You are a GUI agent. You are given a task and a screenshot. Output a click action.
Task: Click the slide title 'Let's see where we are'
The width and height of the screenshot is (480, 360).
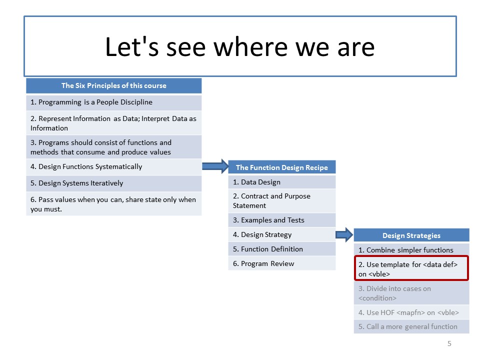point(240,46)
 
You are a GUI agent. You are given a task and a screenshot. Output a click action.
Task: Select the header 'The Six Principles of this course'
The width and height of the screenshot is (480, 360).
point(114,85)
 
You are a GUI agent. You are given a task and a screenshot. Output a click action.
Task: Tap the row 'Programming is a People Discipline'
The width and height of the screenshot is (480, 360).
point(114,102)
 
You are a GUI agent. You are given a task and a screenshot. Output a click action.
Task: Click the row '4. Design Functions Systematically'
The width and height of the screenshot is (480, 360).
point(114,167)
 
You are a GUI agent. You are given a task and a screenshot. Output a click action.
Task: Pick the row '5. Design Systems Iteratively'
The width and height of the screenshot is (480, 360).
point(114,183)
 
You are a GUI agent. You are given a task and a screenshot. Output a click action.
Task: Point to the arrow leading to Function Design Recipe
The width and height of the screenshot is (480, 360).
point(215,166)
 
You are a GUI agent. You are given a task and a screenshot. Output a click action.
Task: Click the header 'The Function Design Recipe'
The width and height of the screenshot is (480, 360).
point(282,167)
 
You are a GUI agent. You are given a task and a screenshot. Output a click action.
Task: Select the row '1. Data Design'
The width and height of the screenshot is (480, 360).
point(282,182)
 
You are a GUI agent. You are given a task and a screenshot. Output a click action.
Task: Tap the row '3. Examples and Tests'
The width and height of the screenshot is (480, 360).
point(282,220)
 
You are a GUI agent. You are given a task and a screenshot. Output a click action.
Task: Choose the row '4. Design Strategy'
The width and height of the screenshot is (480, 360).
point(282,235)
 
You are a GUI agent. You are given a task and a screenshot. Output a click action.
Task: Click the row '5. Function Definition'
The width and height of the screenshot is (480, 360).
point(282,249)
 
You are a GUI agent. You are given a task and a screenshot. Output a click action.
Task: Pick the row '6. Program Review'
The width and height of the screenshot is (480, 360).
point(282,263)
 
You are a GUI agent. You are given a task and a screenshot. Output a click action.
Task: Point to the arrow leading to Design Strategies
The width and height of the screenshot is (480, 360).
point(344,235)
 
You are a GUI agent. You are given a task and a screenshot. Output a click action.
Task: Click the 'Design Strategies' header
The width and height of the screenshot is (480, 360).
point(411,235)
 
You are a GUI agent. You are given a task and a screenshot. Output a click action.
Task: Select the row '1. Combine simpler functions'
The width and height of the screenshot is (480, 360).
point(411,250)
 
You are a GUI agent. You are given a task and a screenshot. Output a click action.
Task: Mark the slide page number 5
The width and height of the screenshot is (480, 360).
point(449,344)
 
